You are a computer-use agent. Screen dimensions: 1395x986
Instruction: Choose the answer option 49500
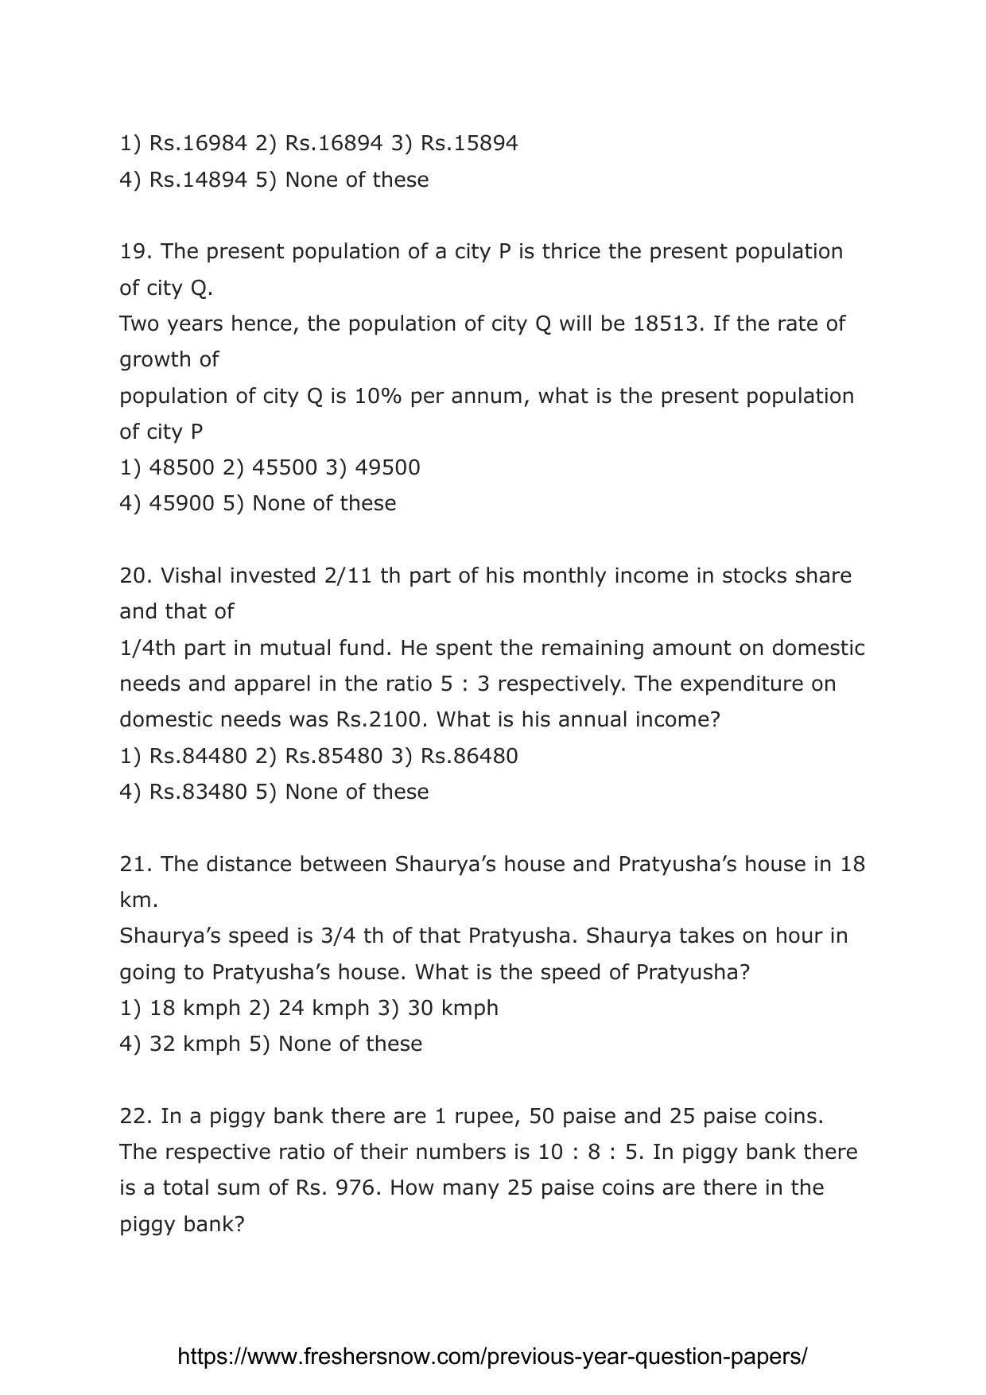(x=387, y=467)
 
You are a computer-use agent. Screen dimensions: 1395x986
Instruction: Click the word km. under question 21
(x=139, y=900)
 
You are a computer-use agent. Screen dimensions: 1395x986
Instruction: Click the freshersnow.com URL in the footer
(x=492, y=1357)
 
